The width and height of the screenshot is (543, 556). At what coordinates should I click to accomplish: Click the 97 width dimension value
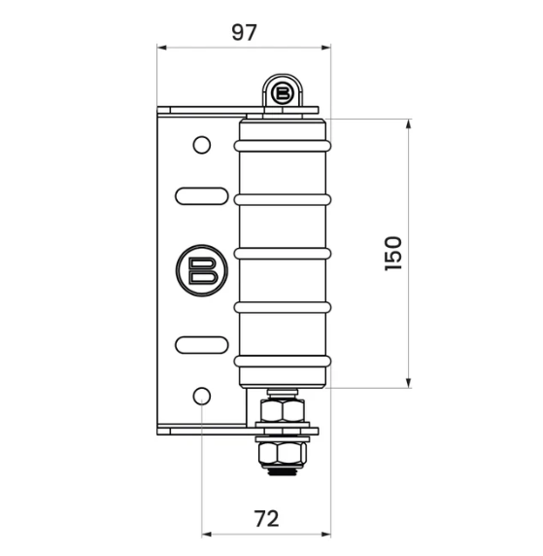(244, 31)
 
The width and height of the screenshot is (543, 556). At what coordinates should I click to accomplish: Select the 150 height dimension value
(392, 253)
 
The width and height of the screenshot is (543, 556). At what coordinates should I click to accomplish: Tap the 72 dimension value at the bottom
(266, 518)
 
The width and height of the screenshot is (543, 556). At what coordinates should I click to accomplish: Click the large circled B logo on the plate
(201, 269)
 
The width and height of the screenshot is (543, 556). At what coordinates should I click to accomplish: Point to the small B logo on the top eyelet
(283, 94)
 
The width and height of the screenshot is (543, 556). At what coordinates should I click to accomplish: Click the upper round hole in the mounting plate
(201, 145)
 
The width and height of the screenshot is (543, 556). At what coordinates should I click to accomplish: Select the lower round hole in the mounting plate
(201, 396)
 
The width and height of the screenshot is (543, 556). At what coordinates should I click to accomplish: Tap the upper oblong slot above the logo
(201, 195)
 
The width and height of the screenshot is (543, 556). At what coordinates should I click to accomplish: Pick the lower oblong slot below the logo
(201, 343)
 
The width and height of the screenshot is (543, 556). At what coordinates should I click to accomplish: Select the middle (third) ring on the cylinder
(282, 253)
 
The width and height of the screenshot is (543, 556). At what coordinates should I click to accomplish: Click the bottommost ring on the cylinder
(282, 361)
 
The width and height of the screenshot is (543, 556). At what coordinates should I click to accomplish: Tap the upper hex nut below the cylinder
(282, 411)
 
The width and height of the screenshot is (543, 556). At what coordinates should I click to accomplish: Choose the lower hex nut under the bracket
(282, 453)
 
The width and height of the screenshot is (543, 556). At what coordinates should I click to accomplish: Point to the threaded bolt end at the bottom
(282, 470)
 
